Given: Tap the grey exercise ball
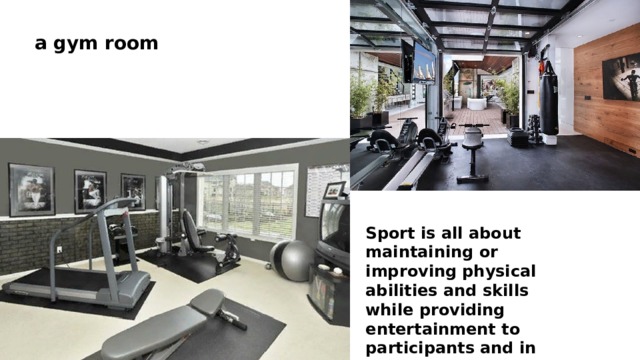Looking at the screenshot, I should [295, 261].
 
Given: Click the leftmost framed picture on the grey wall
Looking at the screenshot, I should [31, 189].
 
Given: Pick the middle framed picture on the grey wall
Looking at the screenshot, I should [90, 191].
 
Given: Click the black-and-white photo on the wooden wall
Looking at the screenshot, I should [620, 76].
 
